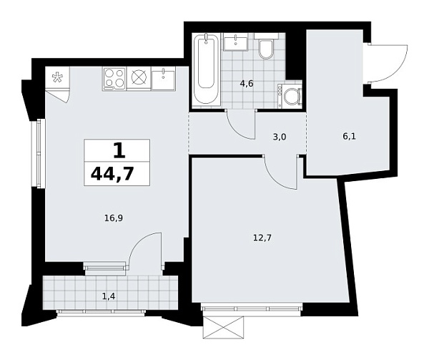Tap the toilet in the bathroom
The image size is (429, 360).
(266, 49)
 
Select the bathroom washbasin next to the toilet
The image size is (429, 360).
(235, 43)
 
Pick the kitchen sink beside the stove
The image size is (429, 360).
(164, 77)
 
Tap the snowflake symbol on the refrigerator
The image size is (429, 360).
(56, 77)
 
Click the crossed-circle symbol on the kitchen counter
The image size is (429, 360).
(139, 77)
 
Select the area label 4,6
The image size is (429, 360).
(246, 84)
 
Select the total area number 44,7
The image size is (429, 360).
(117, 172)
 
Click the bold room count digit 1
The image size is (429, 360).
(117, 150)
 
